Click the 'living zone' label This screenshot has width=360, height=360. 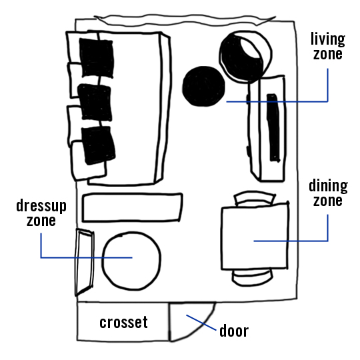(328, 46)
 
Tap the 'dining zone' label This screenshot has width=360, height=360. (328, 193)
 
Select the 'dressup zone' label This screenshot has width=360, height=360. (41, 213)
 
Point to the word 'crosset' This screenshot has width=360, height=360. (123, 322)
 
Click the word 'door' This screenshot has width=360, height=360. (234, 331)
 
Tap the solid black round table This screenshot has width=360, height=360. (203, 86)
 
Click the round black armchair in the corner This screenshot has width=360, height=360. (245, 57)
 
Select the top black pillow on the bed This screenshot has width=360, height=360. (97, 58)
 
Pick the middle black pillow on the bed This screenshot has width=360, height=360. (95, 103)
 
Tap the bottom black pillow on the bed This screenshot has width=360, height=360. (98, 145)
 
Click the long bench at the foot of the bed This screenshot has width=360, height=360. (132, 207)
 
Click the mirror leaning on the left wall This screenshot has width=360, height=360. (84, 262)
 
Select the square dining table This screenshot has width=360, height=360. (255, 236)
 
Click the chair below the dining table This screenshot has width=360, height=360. (253, 277)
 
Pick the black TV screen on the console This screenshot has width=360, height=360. (273, 127)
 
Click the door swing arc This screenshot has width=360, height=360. (203, 328)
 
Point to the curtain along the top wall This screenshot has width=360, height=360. (185, 20)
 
